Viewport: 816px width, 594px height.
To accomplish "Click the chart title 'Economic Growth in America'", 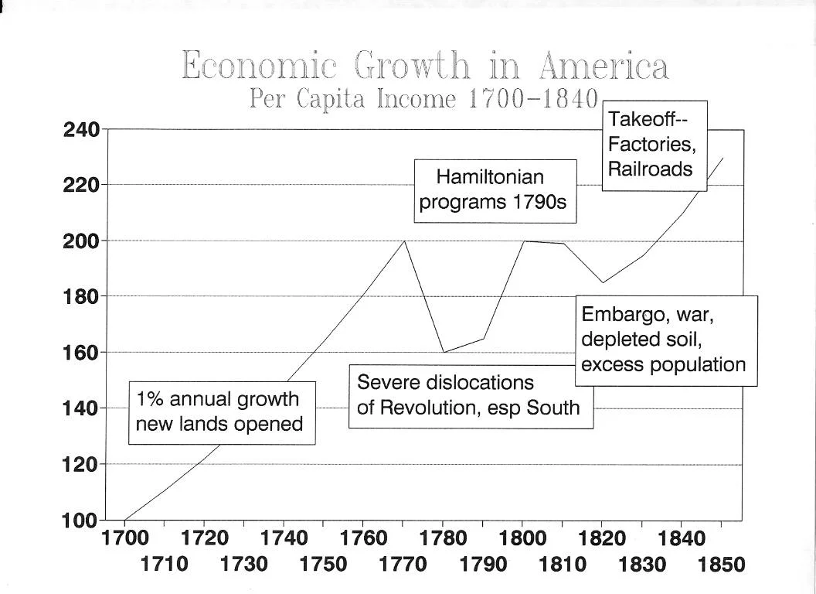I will [425, 67].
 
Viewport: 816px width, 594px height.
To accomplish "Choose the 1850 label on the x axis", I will [722, 564].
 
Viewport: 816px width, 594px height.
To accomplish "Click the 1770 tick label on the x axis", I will [403, 564].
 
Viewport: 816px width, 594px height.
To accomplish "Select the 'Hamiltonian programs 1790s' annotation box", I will [495, 190].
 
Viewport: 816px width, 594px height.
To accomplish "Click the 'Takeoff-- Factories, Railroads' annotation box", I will [654, 145].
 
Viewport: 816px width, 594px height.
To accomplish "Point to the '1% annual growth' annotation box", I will [221, 412].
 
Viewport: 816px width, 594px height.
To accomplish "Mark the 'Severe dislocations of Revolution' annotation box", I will [471, 396].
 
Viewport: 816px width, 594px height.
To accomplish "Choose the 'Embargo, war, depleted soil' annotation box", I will [665, 340].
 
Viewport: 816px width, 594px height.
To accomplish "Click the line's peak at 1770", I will [404, 241].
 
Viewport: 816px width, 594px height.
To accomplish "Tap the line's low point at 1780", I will [444, 352].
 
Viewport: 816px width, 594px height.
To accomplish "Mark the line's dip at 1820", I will [603, 282].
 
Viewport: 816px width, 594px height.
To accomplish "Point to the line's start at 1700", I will [124, 520].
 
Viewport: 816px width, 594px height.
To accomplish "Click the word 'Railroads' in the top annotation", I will [650, 169].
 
